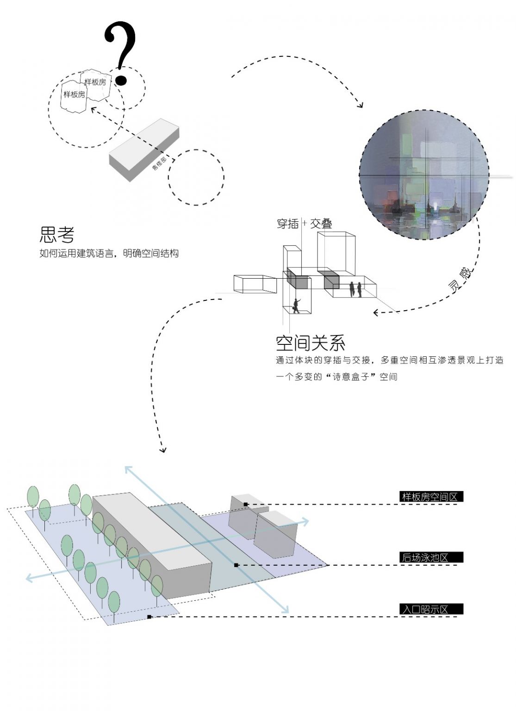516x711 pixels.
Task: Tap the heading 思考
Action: [57, 235]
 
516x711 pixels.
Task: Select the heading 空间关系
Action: [311, 343]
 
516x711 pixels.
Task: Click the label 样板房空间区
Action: [430, 497]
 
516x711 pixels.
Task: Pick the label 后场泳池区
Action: [425, 558]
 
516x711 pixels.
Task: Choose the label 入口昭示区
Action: [425, 609]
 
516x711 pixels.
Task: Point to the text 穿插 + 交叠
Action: [304, 224]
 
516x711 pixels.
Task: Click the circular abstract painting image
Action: [424, 175]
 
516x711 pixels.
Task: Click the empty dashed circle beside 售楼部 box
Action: [196, 177]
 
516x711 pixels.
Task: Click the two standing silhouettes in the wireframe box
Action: [355, 290]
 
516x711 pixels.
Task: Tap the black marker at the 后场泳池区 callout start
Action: [236, 565]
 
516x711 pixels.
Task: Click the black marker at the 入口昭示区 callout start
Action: [149, 617]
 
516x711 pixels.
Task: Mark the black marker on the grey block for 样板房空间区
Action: [246, 504]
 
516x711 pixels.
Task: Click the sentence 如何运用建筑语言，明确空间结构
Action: [109, 254]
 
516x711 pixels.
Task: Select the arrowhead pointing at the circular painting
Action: [360, 105]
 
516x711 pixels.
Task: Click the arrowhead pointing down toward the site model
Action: [162, 449]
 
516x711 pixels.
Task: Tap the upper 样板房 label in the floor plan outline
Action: [95, 82]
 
